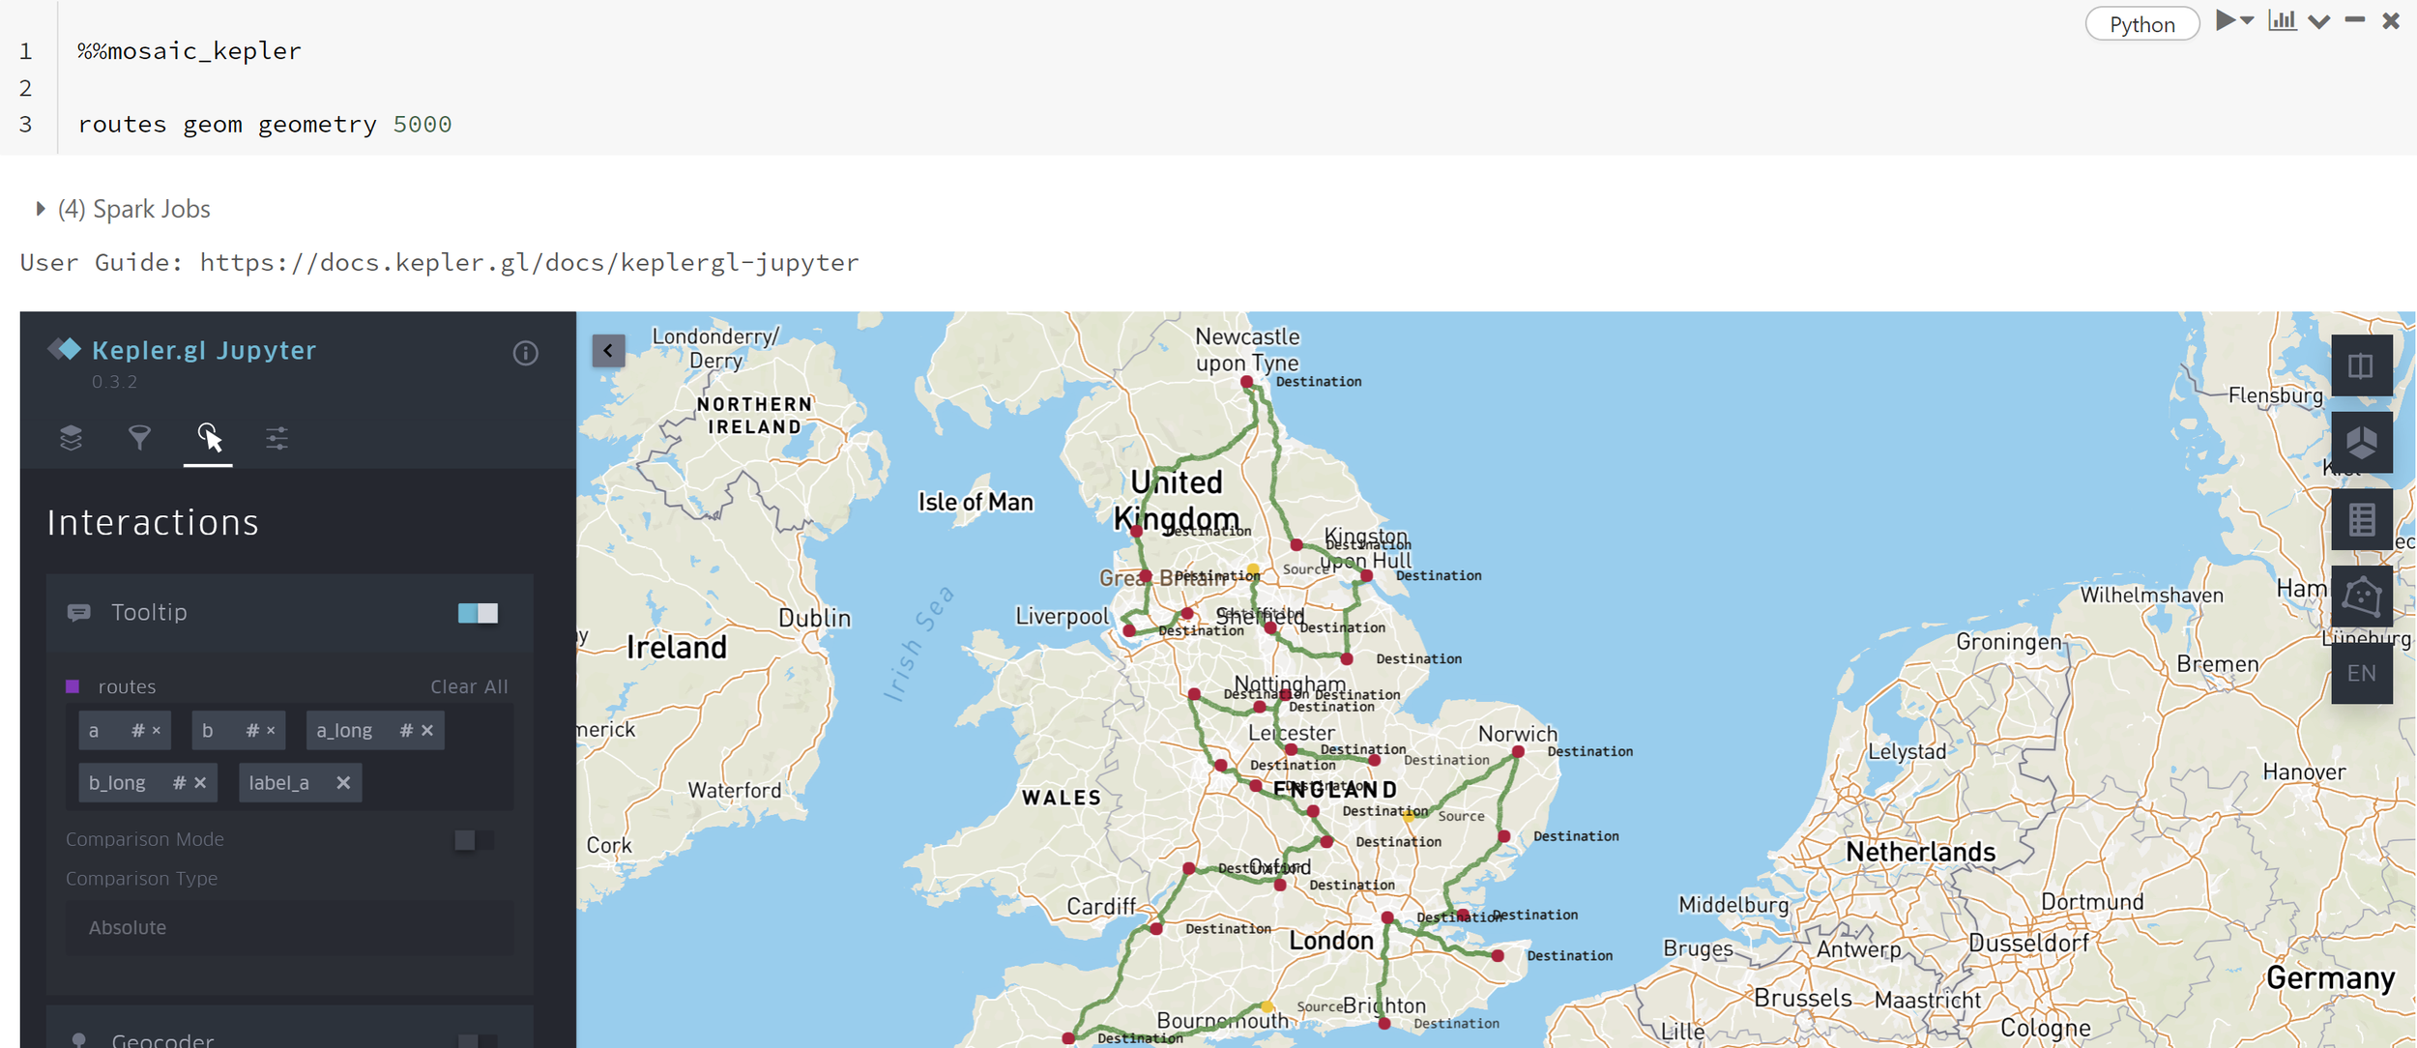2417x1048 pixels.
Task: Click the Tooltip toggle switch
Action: tap(478, 613)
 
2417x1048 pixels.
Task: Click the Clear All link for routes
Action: tap(468, 686)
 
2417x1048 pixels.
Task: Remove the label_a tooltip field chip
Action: tap(343, 783)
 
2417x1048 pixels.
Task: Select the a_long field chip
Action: tap(345, 731)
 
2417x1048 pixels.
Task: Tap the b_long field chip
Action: tap(118, 783)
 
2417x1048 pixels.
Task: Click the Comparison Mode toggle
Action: tap(474, 840)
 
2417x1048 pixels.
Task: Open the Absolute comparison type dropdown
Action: tap(289, 928)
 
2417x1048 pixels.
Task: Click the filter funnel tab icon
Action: tap(139, 439)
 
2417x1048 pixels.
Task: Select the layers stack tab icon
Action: tap(71, 439)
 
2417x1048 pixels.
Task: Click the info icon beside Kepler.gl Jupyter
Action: tap(525, 354)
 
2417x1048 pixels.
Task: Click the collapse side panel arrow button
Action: tap(608, 350)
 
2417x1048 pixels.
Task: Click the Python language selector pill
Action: tap(2141, 24)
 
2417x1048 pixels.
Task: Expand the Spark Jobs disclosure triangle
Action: tap(41, 209)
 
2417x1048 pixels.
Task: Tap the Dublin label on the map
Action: tap(814, 618)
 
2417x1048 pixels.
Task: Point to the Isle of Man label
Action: tap(975, 502)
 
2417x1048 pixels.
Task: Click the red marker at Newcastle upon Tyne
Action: tap(1247, 383)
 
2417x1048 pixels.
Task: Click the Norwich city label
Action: tap(1517, 734)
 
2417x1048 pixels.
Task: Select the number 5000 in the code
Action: tap(422, 125)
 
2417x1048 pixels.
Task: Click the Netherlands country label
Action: tap(1920, 852)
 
